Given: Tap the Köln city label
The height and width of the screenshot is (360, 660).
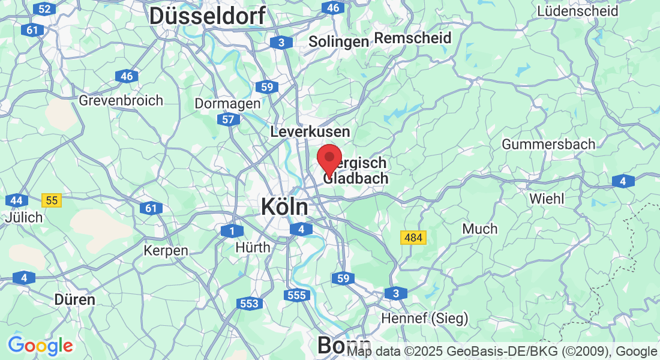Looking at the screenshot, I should tap(284, 207).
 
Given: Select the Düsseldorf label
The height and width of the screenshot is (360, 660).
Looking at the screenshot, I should tap(207, 16).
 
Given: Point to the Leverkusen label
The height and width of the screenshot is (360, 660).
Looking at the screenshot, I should tap(310, 131).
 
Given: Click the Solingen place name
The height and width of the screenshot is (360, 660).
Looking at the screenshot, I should tap(338, 41).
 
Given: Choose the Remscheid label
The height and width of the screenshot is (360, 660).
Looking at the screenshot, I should tap(413, 38).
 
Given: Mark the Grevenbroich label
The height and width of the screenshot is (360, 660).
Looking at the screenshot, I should tap(121, 100).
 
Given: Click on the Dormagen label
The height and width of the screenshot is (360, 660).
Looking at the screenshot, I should tap(227, 103).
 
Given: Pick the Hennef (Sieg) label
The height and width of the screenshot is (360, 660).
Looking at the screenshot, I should tap(425, 318).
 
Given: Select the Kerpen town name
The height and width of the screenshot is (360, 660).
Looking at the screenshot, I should tap(166, 250).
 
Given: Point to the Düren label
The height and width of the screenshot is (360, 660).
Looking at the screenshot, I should tap(74, 299).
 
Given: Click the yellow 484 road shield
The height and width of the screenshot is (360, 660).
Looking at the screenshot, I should tap(413, 238).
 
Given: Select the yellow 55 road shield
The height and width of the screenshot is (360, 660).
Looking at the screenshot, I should tap(52, 200).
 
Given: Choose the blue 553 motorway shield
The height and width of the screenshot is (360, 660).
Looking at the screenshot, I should tap(249, 304).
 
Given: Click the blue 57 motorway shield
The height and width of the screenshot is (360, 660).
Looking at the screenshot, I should tap(228, 119).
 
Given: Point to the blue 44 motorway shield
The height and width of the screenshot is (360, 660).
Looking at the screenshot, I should tap(16, 200).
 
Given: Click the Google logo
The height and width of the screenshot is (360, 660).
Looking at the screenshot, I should tap(40, 346).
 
